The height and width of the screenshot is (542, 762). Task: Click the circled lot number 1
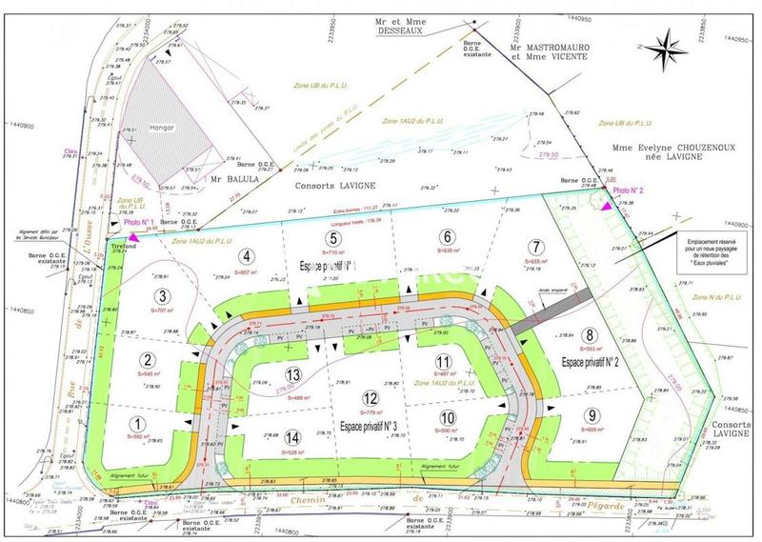click(139, 424)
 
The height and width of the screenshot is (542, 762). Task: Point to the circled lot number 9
click(592, 414)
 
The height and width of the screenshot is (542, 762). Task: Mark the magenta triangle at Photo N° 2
click(606, 201)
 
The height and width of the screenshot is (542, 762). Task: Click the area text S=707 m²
click(164, 311)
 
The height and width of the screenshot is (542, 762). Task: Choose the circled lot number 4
click(246, 255)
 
